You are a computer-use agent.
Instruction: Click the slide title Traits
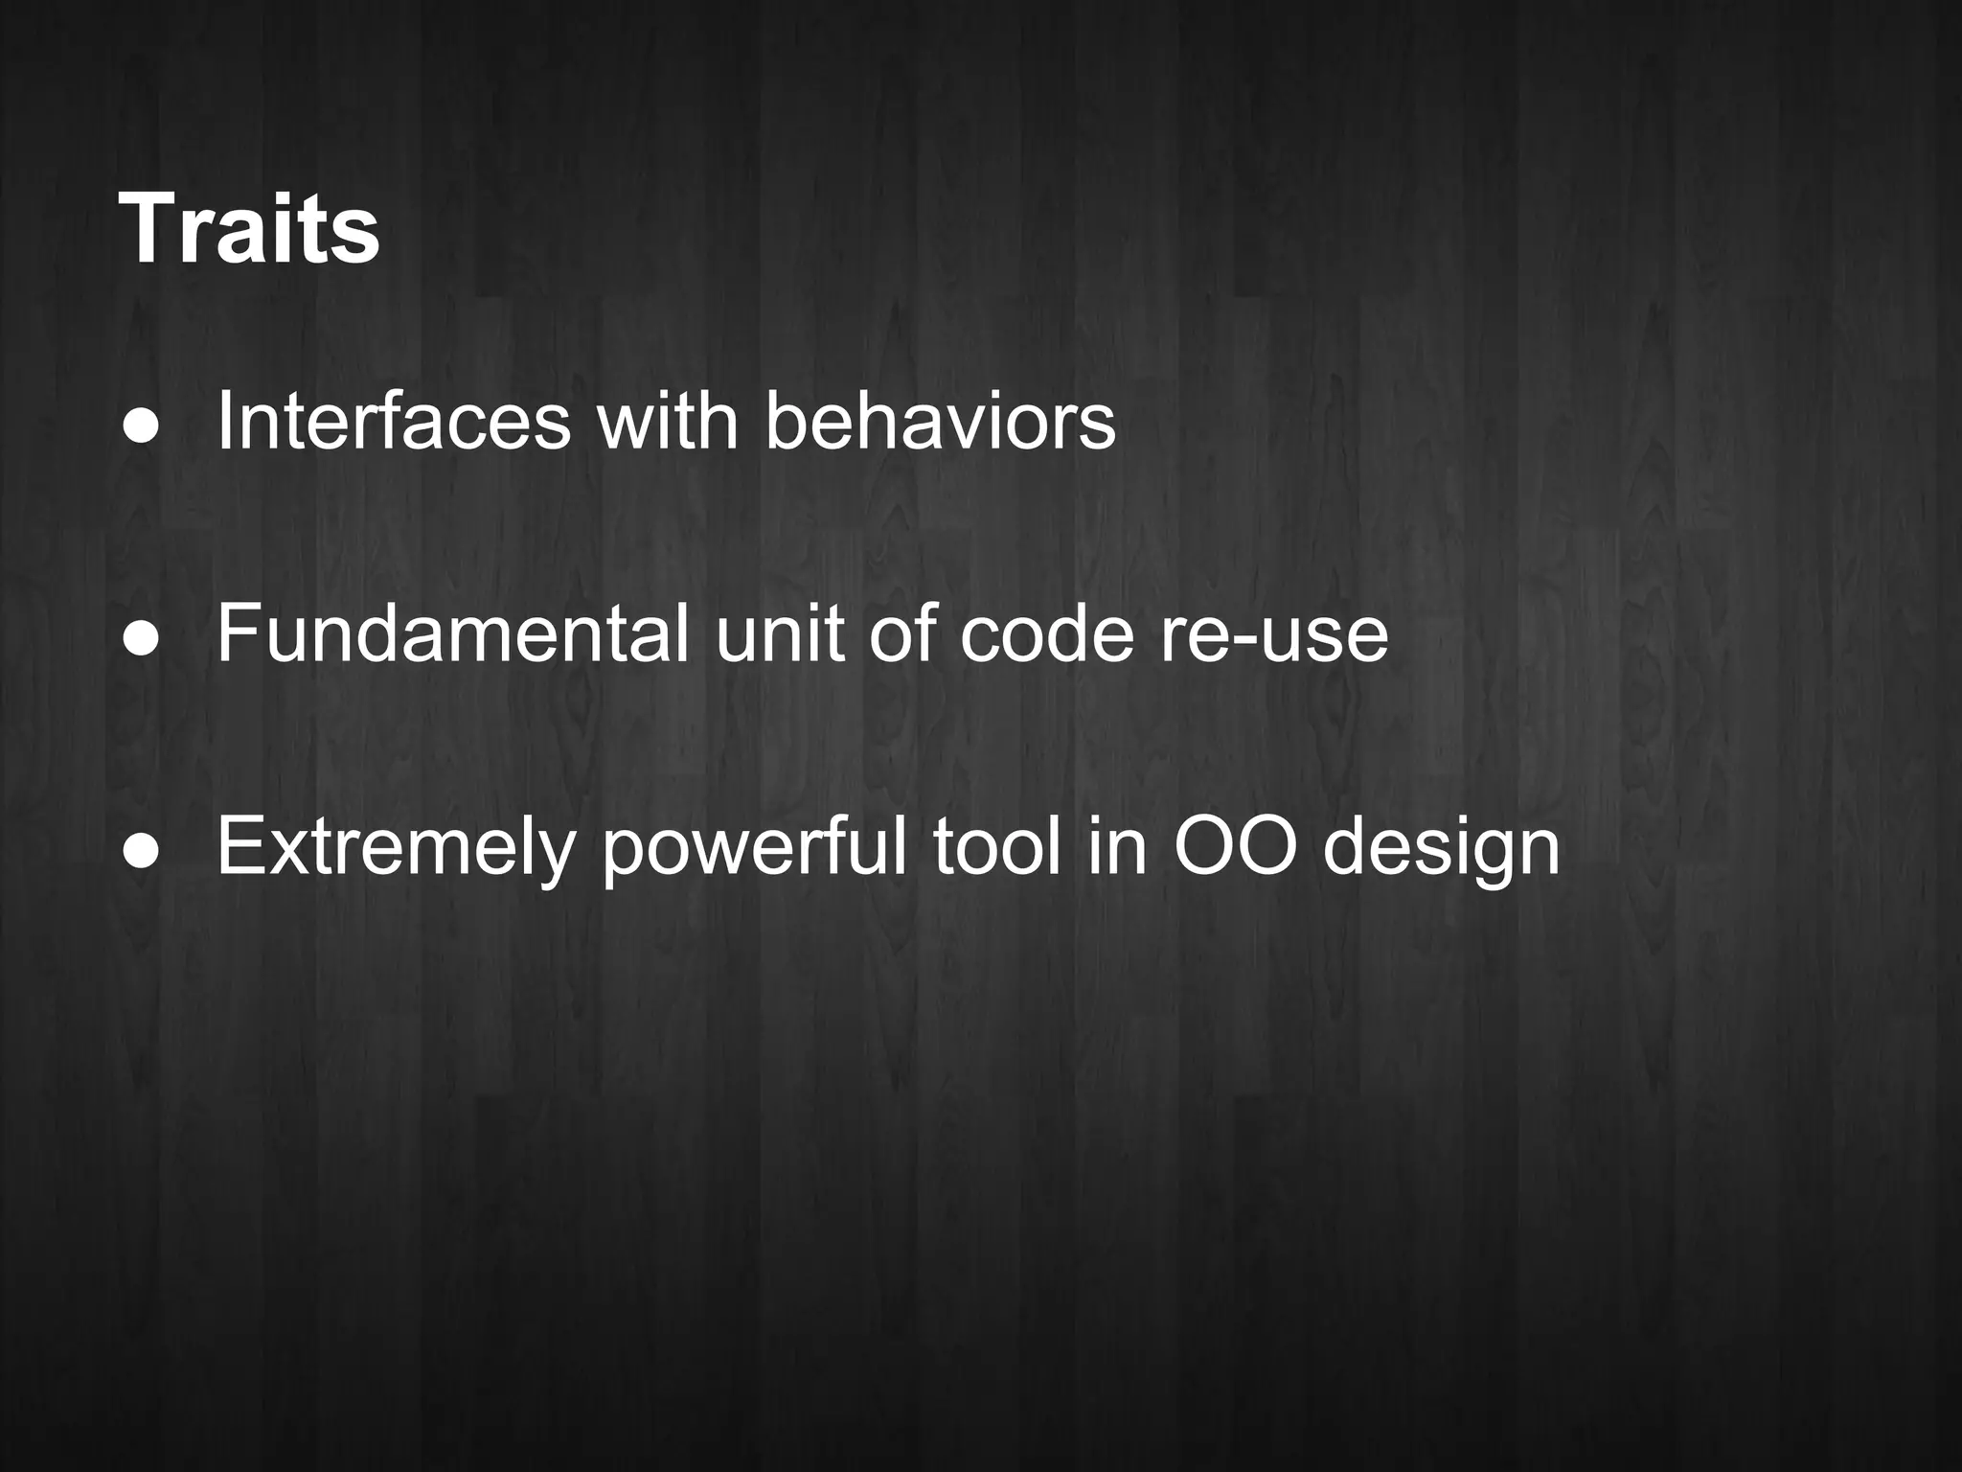pos(249,230)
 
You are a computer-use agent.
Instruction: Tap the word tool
pos(996,847)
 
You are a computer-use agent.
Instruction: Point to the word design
pos(1442,847)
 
